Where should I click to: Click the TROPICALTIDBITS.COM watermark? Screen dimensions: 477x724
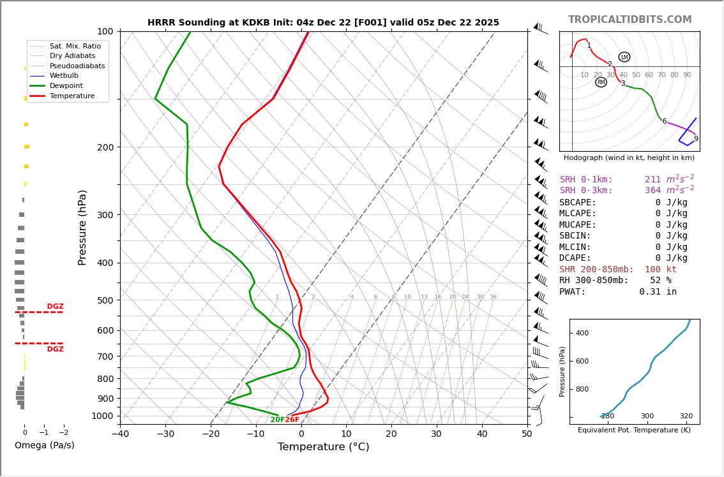(630, 20)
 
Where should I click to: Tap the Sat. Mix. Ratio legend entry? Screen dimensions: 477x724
(75, 46)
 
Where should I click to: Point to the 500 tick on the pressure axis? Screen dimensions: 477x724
(105, 300)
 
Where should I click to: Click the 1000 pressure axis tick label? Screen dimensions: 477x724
(102, 416)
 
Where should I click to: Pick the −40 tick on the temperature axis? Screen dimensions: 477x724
(120, 434)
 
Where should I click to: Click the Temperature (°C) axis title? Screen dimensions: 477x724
(323, 447)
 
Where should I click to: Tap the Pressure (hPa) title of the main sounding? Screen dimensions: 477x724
(82, 227)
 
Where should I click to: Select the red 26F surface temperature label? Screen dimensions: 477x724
(292, 420)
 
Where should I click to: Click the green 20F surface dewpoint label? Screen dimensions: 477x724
(277, 420)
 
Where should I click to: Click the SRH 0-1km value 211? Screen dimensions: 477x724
(652, 180)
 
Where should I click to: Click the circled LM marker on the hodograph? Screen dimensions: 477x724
(624, 57)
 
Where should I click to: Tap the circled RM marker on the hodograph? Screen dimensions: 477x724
(601, 82)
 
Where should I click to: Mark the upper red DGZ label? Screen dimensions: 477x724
(55, 307)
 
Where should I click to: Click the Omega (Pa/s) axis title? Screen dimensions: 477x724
(44, 446)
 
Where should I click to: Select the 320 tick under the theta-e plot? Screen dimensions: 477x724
(686, 416)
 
